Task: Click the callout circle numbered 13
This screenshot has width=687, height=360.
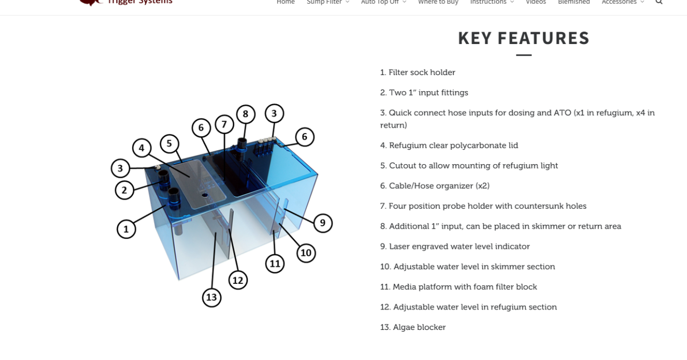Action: click(x=211, y=297)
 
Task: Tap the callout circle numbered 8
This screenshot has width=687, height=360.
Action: click(x=246, y=114)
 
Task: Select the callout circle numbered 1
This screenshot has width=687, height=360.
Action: click(x=126, y=229)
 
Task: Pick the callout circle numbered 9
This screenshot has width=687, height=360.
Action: click(x=323, y=223)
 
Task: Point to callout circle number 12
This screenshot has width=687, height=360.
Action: click(x=238, y=280)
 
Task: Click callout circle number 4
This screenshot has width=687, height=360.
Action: click(x=142, y=148)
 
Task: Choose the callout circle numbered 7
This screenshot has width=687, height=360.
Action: click(x=224, y=124)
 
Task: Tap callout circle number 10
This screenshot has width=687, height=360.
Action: click(x=306, y=253)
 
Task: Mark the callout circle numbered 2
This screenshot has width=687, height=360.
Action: click(x=125, y=190)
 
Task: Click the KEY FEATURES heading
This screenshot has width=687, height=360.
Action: click(x=523, y=38)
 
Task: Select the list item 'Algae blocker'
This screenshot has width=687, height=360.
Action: click(x=413, y=327)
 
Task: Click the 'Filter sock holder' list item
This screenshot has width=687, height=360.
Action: click(x=418, y=72)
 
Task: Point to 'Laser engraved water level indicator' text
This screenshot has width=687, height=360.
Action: click(x=455, y=247)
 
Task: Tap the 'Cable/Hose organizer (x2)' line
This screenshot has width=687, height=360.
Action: click(x=435, y=186)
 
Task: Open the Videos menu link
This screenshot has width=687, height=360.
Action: click(x=536, y=2)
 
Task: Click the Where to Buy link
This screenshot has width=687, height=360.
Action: click(x=438, y=2)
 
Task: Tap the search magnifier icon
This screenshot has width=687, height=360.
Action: click(x=659, y=2)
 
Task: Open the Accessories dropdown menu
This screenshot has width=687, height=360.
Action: click(x=623, y=2)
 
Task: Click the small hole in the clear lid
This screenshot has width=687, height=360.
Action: click(x=205, y=195)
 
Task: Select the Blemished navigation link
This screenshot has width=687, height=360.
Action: click(x=574, y=2)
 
